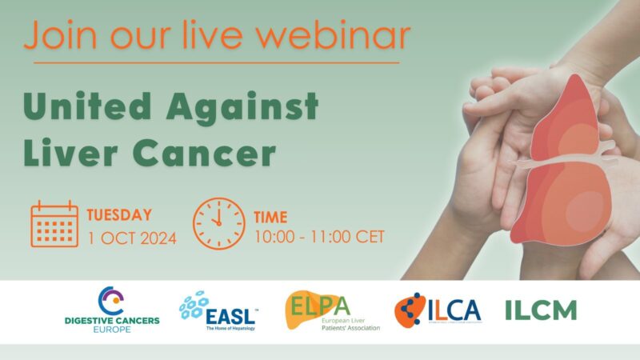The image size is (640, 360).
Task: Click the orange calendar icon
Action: pos(54,224)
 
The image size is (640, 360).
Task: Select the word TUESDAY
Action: pos(118,214)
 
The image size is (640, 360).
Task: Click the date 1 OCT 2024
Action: pos(131,237)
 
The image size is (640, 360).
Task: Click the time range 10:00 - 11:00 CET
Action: pos(318,237)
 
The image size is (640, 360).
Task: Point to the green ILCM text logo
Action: pos(540,310)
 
